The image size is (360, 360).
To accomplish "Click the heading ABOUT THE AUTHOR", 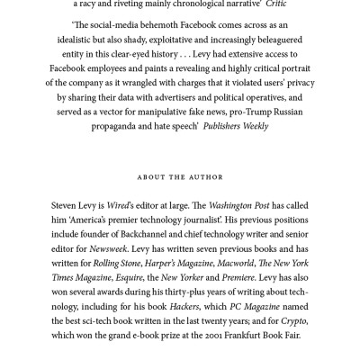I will pyautogui.click(x=179, y=176).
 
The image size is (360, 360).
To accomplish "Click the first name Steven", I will pyautogui.click(x=68, y=205).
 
